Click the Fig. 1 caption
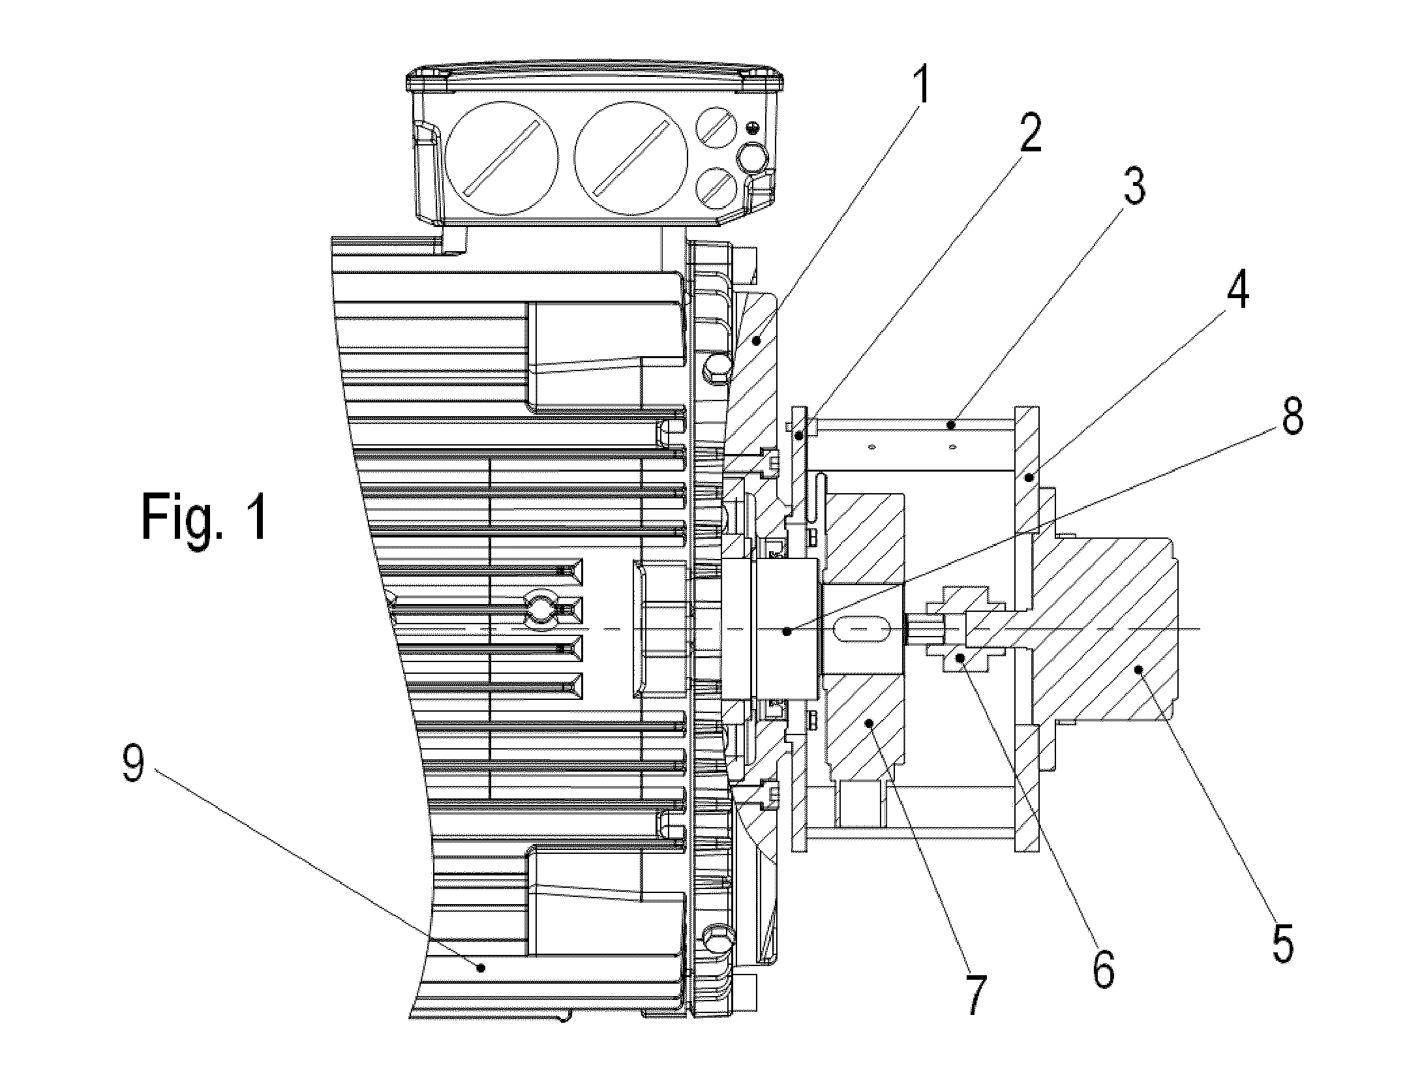pos(204,517)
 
